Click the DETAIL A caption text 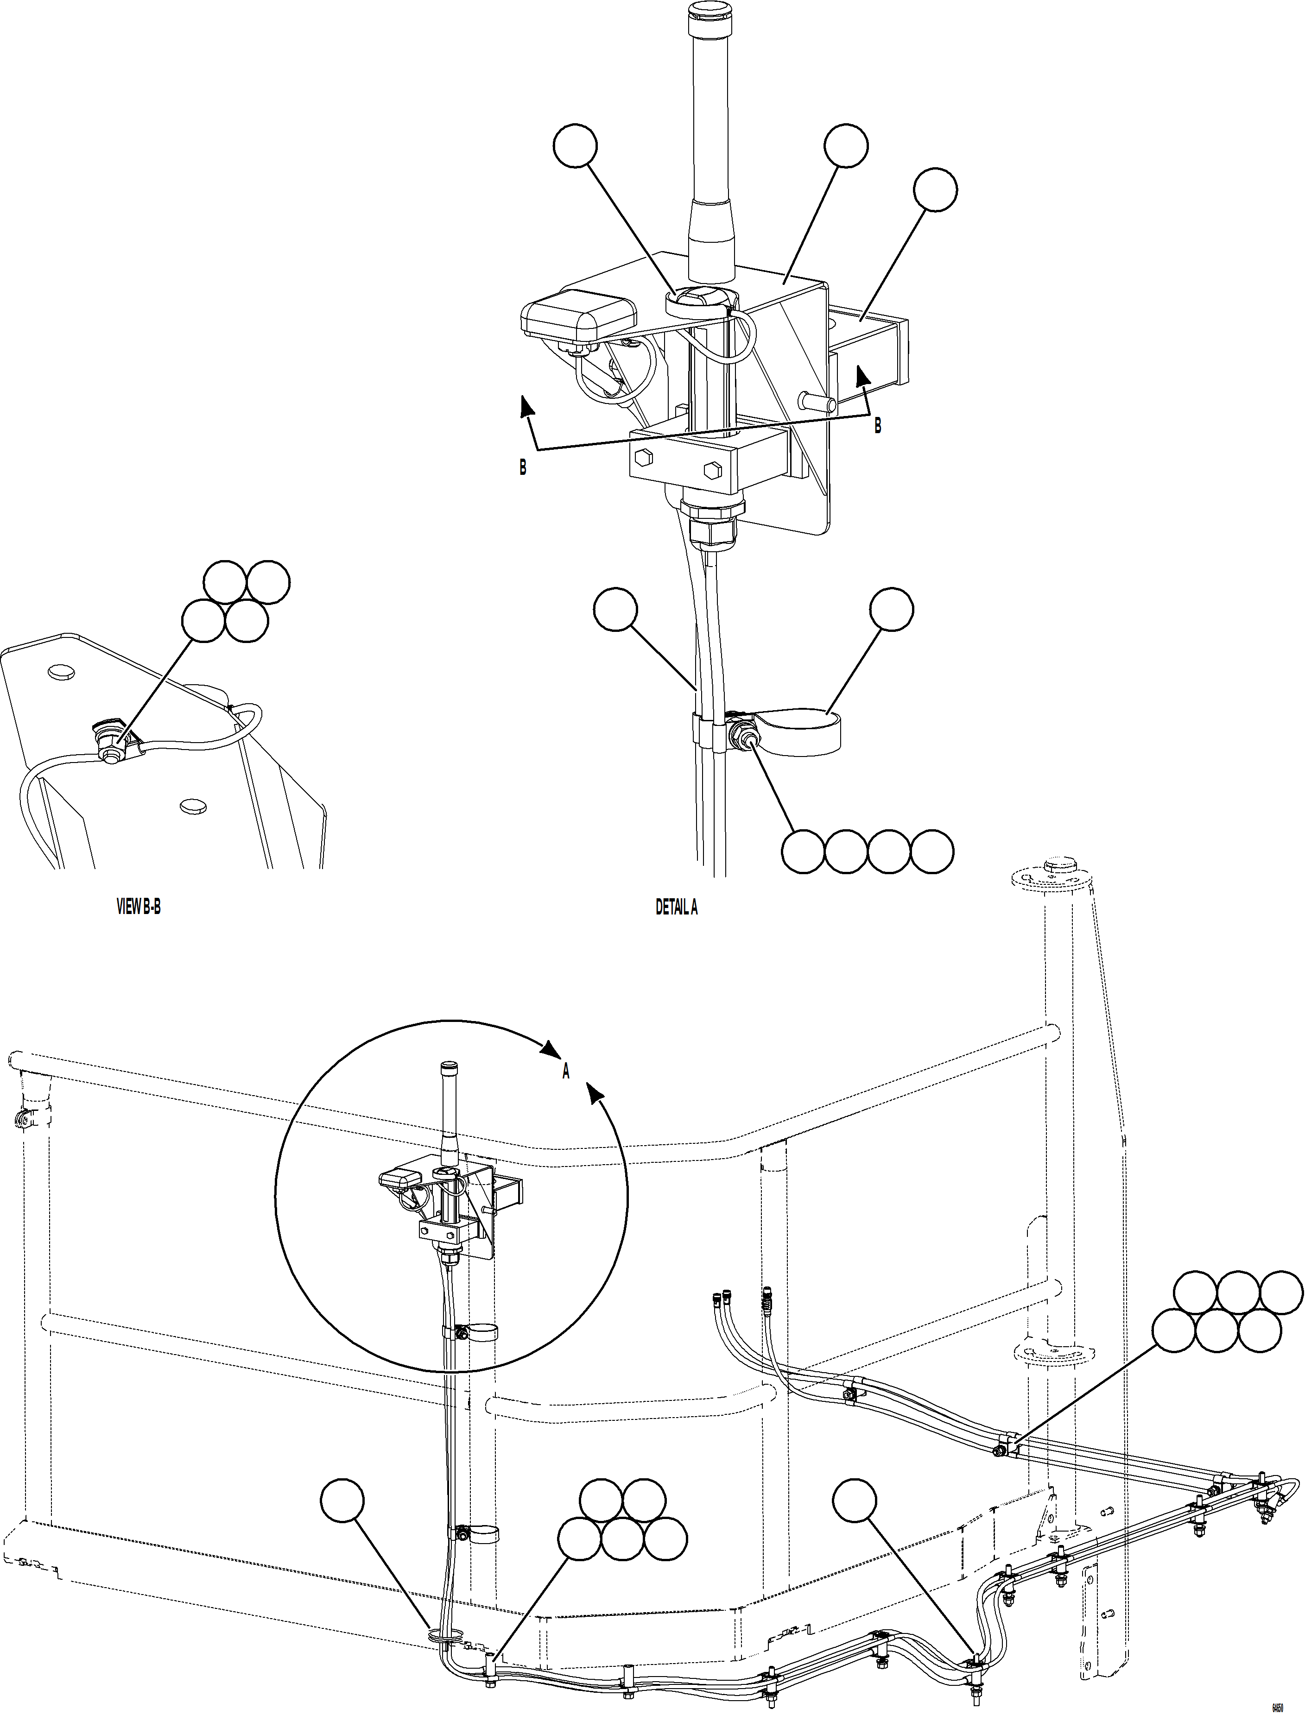point(676,908)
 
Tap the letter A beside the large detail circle point(566,1072)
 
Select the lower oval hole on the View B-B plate point(193,807)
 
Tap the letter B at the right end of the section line point(878,426)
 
